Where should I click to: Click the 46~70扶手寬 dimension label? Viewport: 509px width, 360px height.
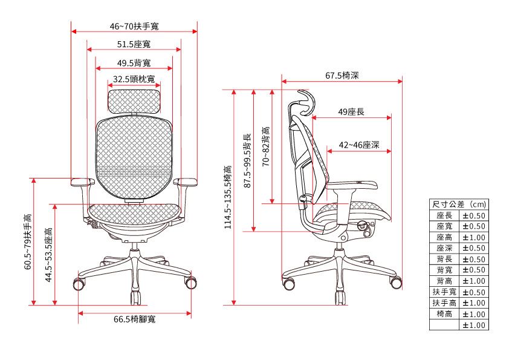(x=135, y=27)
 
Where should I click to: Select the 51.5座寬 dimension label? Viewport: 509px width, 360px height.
(x=134, y=45)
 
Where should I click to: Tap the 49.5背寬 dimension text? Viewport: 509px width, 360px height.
(x=134, y=63)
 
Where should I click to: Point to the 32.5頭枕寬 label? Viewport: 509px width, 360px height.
(x=134, y=79)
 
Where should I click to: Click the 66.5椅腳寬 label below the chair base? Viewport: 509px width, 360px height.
(x=135, y=319)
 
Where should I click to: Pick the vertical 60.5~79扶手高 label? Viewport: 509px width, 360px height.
(x=28, y=241)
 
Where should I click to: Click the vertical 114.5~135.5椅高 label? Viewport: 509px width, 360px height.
(x=228, y=197)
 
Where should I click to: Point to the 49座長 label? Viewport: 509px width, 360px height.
(x=351, y=112)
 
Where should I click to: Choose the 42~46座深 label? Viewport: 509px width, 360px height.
(x=359, y=145)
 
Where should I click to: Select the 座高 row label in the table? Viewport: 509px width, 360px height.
(x=444, y=237)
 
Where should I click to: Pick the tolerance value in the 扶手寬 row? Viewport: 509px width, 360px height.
(x=473, y=292)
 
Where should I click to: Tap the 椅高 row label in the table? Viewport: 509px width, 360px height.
(x=444, y=314)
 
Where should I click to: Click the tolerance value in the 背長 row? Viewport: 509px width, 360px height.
(x=473, y=259)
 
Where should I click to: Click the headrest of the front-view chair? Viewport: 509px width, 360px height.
(x=134, y=98)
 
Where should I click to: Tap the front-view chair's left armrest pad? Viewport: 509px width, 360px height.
(x=81, y=181)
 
